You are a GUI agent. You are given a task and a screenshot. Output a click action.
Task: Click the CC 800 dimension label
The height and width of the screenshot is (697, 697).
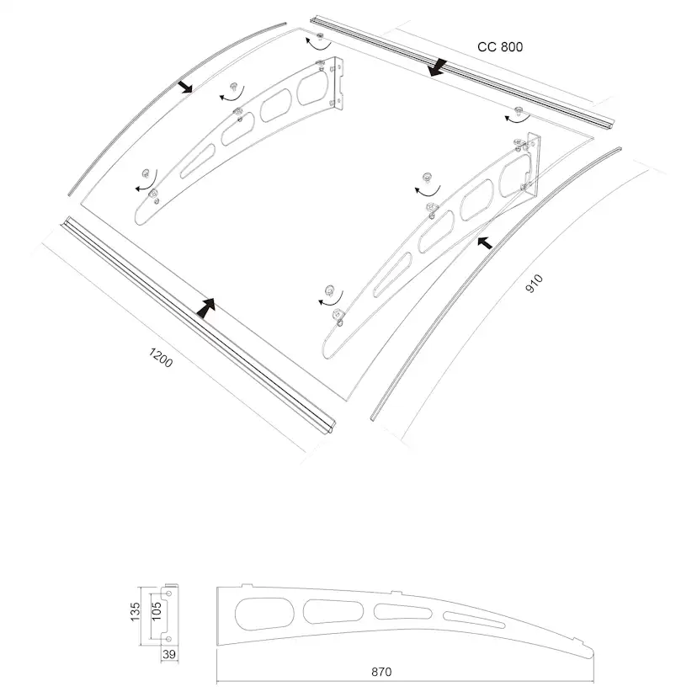tap(500, 46)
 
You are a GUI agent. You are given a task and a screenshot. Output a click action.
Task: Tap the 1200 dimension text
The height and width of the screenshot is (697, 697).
tap(161, 358)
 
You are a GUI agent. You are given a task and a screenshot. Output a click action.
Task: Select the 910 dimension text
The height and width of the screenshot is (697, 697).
tap(534, 284)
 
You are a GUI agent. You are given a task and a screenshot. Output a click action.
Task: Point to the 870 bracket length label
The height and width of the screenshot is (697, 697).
tap(381, 672)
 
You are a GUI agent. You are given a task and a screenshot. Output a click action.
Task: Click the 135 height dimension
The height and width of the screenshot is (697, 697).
tap(136, 612)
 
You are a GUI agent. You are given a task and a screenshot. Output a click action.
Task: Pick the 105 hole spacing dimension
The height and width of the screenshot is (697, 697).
tap(157, 612)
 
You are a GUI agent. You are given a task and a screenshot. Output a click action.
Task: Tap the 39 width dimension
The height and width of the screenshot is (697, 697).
tap(169, 654)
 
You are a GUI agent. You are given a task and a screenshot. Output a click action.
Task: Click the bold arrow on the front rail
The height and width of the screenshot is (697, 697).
tap(205, 308)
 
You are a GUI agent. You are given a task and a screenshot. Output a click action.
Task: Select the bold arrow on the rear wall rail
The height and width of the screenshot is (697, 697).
tap(438, 67)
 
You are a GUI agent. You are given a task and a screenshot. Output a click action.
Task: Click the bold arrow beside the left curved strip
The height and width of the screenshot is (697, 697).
tap(184, 86)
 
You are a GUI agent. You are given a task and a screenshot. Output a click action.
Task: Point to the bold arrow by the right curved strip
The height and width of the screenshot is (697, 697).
tap(485, 242)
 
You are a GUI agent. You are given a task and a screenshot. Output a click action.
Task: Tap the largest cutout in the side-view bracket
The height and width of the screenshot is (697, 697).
tap(264, 614)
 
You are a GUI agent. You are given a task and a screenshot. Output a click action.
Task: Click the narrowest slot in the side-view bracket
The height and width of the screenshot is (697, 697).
tap(474, 620)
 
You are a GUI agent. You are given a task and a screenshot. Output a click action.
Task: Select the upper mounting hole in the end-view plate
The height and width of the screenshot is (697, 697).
tap(168, 593)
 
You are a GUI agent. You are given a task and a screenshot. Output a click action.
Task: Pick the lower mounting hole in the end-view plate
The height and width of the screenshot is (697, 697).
tap(168, 639)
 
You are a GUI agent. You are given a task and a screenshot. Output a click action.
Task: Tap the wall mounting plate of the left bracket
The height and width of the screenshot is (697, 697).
tap(338, 83)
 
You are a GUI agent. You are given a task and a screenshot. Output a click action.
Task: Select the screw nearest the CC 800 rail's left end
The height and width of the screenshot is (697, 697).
tap(320, 35)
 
